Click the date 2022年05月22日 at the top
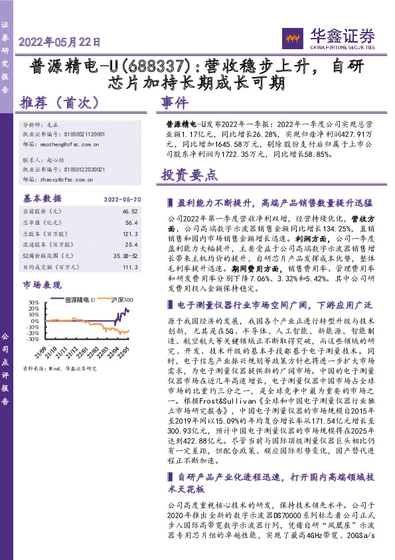[60, 41]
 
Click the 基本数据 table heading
[40, 198]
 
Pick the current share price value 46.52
[131, 211]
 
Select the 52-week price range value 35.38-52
[126, 255]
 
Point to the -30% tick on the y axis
[31, 339]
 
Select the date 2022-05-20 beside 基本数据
[123, 199]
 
